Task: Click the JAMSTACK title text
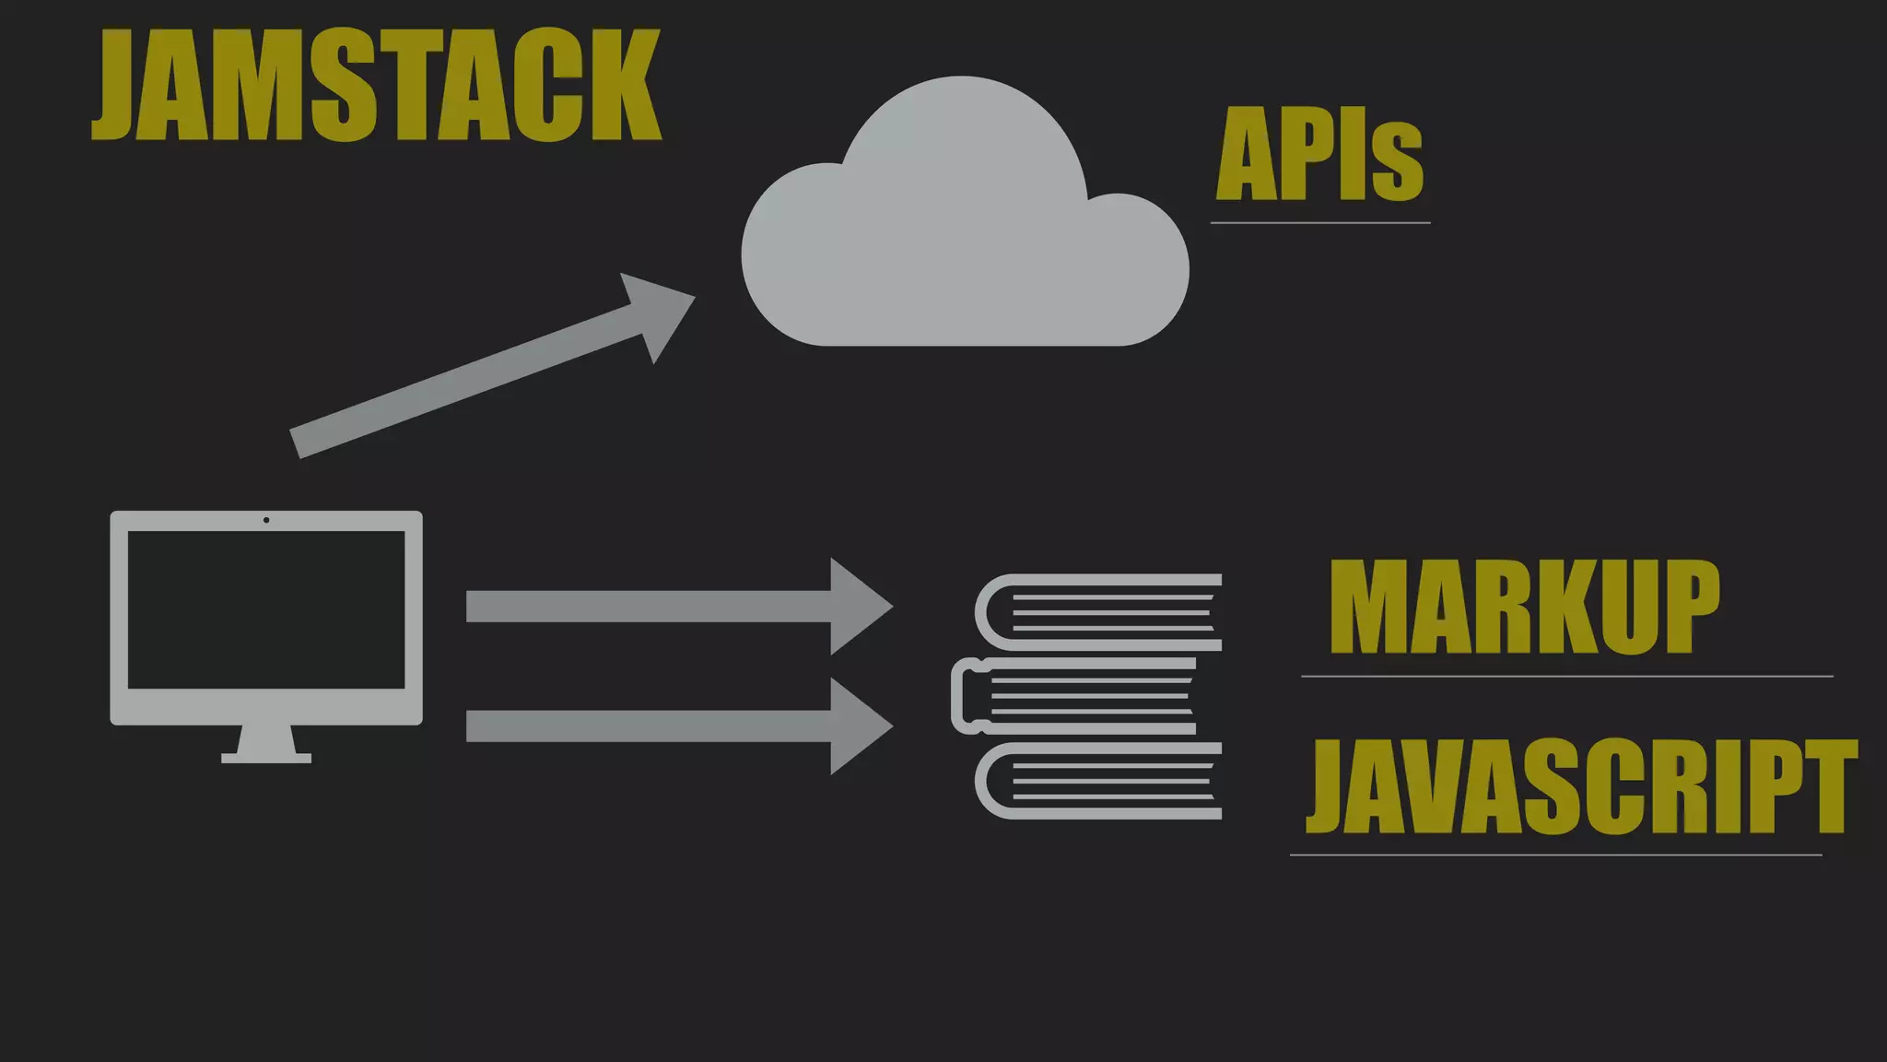click(376, 85)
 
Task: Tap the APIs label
click(1319, 155)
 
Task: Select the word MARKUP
click(1524, 608)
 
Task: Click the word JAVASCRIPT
click(1581, 786)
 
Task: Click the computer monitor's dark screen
click(266, 609)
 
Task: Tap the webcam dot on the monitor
click(266, 520)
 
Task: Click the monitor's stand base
click(266, 758)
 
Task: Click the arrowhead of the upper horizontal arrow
click(859, 607)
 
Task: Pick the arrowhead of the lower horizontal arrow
click(859, 726)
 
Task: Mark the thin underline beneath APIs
click(1319, 223)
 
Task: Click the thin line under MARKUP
click(1566, 677)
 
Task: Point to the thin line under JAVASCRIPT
click(1555, 855)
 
